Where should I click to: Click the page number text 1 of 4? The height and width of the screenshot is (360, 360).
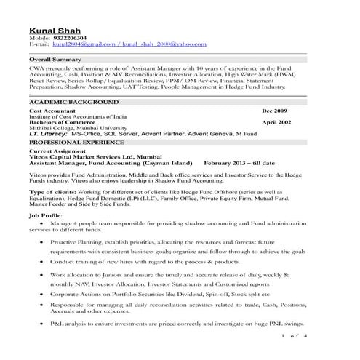[295, 336]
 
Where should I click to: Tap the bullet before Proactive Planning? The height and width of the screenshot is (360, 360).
[42, 240]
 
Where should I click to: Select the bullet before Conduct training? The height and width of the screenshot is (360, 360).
[42, 260]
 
